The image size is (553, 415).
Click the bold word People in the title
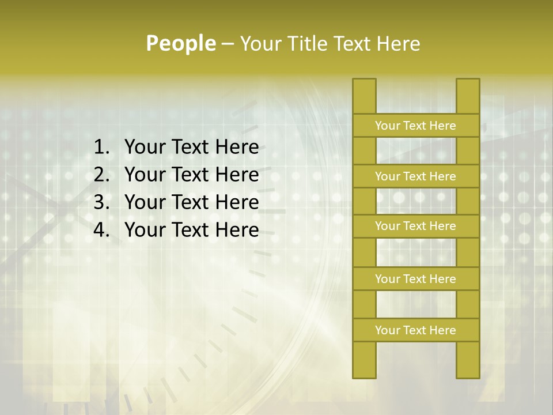click(180, 43)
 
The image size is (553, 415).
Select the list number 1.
click(101, 147)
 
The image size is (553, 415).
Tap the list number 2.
click(101, 175)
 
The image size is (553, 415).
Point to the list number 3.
click(101, 202)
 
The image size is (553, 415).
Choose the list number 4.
click(101, 230)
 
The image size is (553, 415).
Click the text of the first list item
click(191, 147)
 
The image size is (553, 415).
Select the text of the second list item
click(191, 175)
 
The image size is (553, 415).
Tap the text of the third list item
click(191, 202)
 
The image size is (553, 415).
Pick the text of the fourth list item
click(191, 230)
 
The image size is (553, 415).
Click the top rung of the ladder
click(415, 126)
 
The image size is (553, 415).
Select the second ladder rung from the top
click(415, 176)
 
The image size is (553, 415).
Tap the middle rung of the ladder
click(415, 226)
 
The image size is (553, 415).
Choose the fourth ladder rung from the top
click(415, 279)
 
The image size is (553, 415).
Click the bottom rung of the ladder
click(415, 330)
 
